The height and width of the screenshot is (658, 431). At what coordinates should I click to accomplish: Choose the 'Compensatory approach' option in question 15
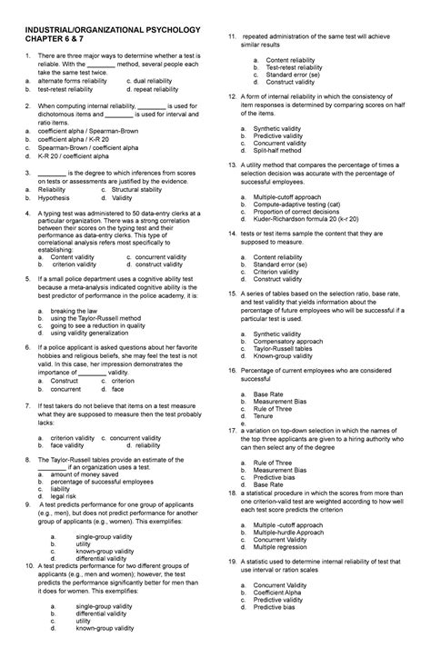pyautogui.click(x=296, y=341)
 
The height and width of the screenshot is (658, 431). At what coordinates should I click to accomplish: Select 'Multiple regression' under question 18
pyautogui.click(x=291, y=548)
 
